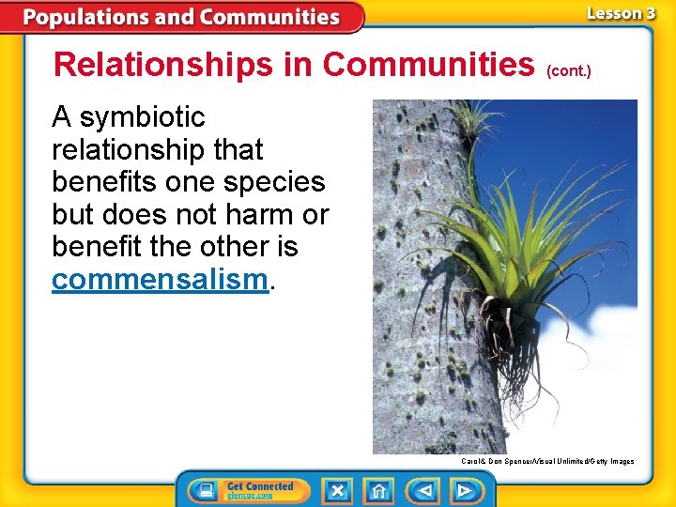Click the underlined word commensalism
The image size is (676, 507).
tap(160, 280)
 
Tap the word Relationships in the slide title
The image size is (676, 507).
tap(183, 65)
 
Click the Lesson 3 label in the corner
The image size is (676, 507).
tap(620, 13)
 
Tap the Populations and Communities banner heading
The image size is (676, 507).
tap(182, 17)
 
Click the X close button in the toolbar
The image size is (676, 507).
tap(338, 490)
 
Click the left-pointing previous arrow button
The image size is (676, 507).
tap(423, 490)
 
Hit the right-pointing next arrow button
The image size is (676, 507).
tap(464, 490)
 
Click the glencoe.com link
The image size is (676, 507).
tap(251, 496)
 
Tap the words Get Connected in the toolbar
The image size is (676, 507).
tap(260, 485)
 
